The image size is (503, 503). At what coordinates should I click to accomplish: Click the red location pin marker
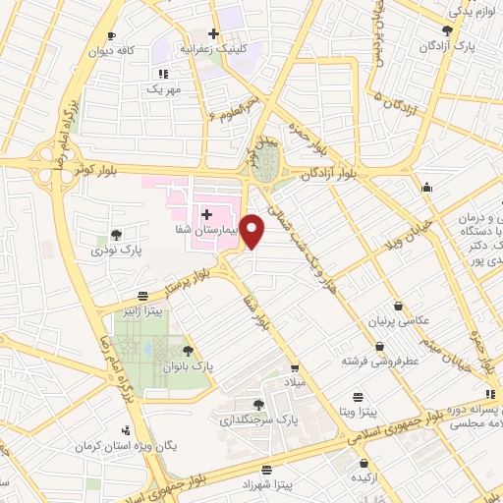[x=252, y=231]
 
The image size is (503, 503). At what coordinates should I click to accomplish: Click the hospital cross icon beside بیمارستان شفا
[x=206, y=213]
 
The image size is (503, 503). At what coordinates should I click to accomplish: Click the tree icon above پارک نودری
[x=117, y=235]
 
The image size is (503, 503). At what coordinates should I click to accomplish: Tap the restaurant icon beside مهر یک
[x=163, y=73]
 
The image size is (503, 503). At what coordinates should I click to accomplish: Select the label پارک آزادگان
[x=441, y=46]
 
